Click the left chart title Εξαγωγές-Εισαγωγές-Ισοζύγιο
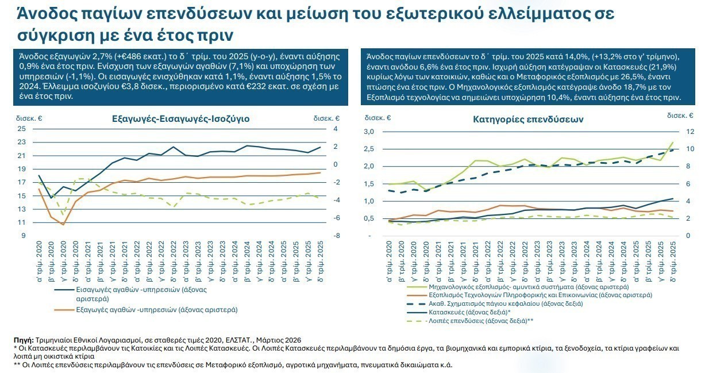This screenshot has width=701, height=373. pos(181,120)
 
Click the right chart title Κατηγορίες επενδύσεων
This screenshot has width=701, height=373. pos(529,120)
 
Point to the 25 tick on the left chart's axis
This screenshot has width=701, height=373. pos(21,129)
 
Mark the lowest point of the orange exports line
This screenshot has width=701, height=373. pos(63,224)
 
